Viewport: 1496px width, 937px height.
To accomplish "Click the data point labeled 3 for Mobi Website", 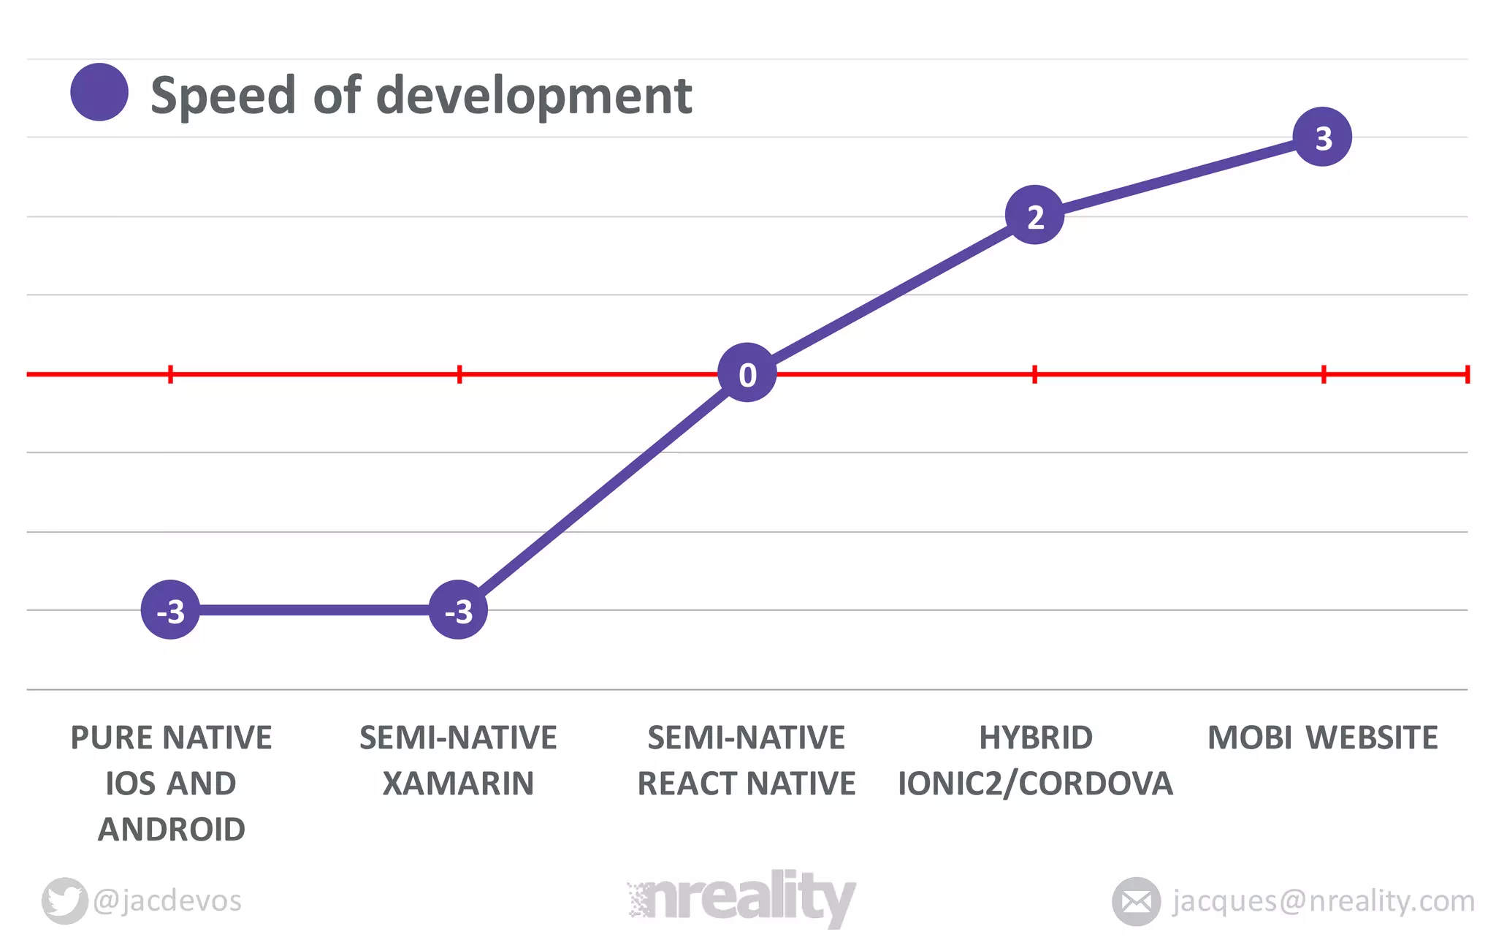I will pos(1322,137).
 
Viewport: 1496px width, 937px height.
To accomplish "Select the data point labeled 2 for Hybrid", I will pos(1034,216).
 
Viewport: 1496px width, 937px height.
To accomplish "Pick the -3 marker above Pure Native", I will pos(170,610).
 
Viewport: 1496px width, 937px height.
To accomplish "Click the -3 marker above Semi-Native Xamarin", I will pos(458,610).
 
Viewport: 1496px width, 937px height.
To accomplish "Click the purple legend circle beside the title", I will pos(99,92).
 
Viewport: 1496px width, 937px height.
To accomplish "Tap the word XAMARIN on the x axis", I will pos(458,784).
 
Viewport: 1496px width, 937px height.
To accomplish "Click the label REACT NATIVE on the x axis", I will pos(746,784).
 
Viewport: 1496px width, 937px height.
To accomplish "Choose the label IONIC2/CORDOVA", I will pos(1034,784).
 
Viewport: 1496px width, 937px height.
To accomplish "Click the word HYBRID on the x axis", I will pos(1035,737).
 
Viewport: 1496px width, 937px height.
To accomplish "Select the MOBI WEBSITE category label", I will pos(1322,737).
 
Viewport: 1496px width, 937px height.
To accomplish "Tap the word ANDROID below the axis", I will pos(171,830).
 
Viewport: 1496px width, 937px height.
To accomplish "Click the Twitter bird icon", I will pos(64,900).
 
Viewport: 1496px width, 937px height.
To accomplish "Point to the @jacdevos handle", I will pos(167,900).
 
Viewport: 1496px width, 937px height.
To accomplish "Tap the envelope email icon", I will pos(1136,901).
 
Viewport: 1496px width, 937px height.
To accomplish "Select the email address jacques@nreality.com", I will pos(1323,900).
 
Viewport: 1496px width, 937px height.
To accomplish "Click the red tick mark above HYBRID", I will pos(1034,375).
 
